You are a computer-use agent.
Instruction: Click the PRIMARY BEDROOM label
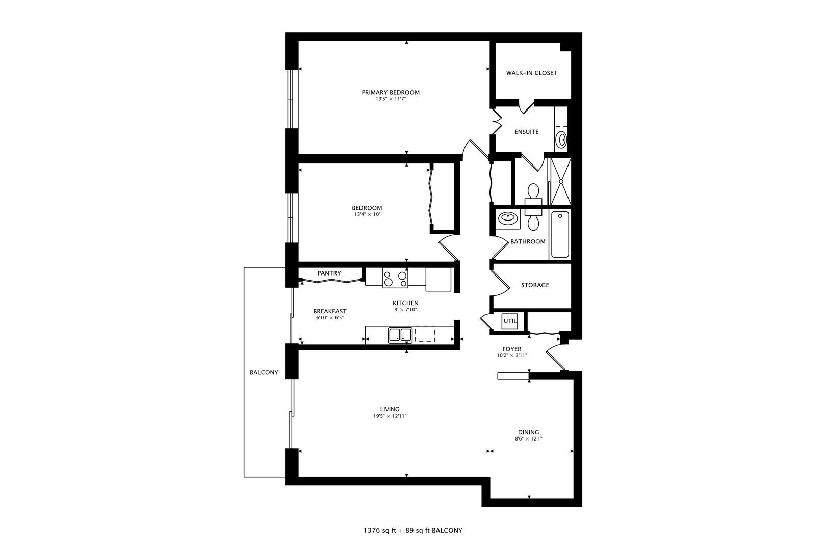coord(391,92)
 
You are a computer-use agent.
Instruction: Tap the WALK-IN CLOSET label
coord(531,73)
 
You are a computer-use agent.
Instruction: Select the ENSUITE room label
coord(526,132)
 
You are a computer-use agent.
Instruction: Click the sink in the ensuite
coord(561,139)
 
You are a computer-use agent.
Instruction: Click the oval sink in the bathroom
coord(507,218)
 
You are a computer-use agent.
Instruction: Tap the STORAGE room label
coord(535,285)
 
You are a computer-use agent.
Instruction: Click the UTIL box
coord(510,321)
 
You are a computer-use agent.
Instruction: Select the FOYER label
coord(512,349)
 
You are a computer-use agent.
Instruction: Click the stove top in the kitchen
coord(395,278)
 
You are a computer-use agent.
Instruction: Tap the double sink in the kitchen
coord(400,335)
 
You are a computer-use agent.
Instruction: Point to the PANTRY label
coord(329,273)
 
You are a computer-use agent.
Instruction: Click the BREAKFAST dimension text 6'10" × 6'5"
coord(330,318)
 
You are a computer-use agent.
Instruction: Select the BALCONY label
coord(264,372)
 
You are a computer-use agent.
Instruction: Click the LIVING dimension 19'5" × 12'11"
coord(390,416)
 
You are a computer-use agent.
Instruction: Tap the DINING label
coord(528,432)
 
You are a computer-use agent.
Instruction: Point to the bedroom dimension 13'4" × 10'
coord(367,214)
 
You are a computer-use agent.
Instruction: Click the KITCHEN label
coord(405,303)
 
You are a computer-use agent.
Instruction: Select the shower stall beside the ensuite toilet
coord(560,180)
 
